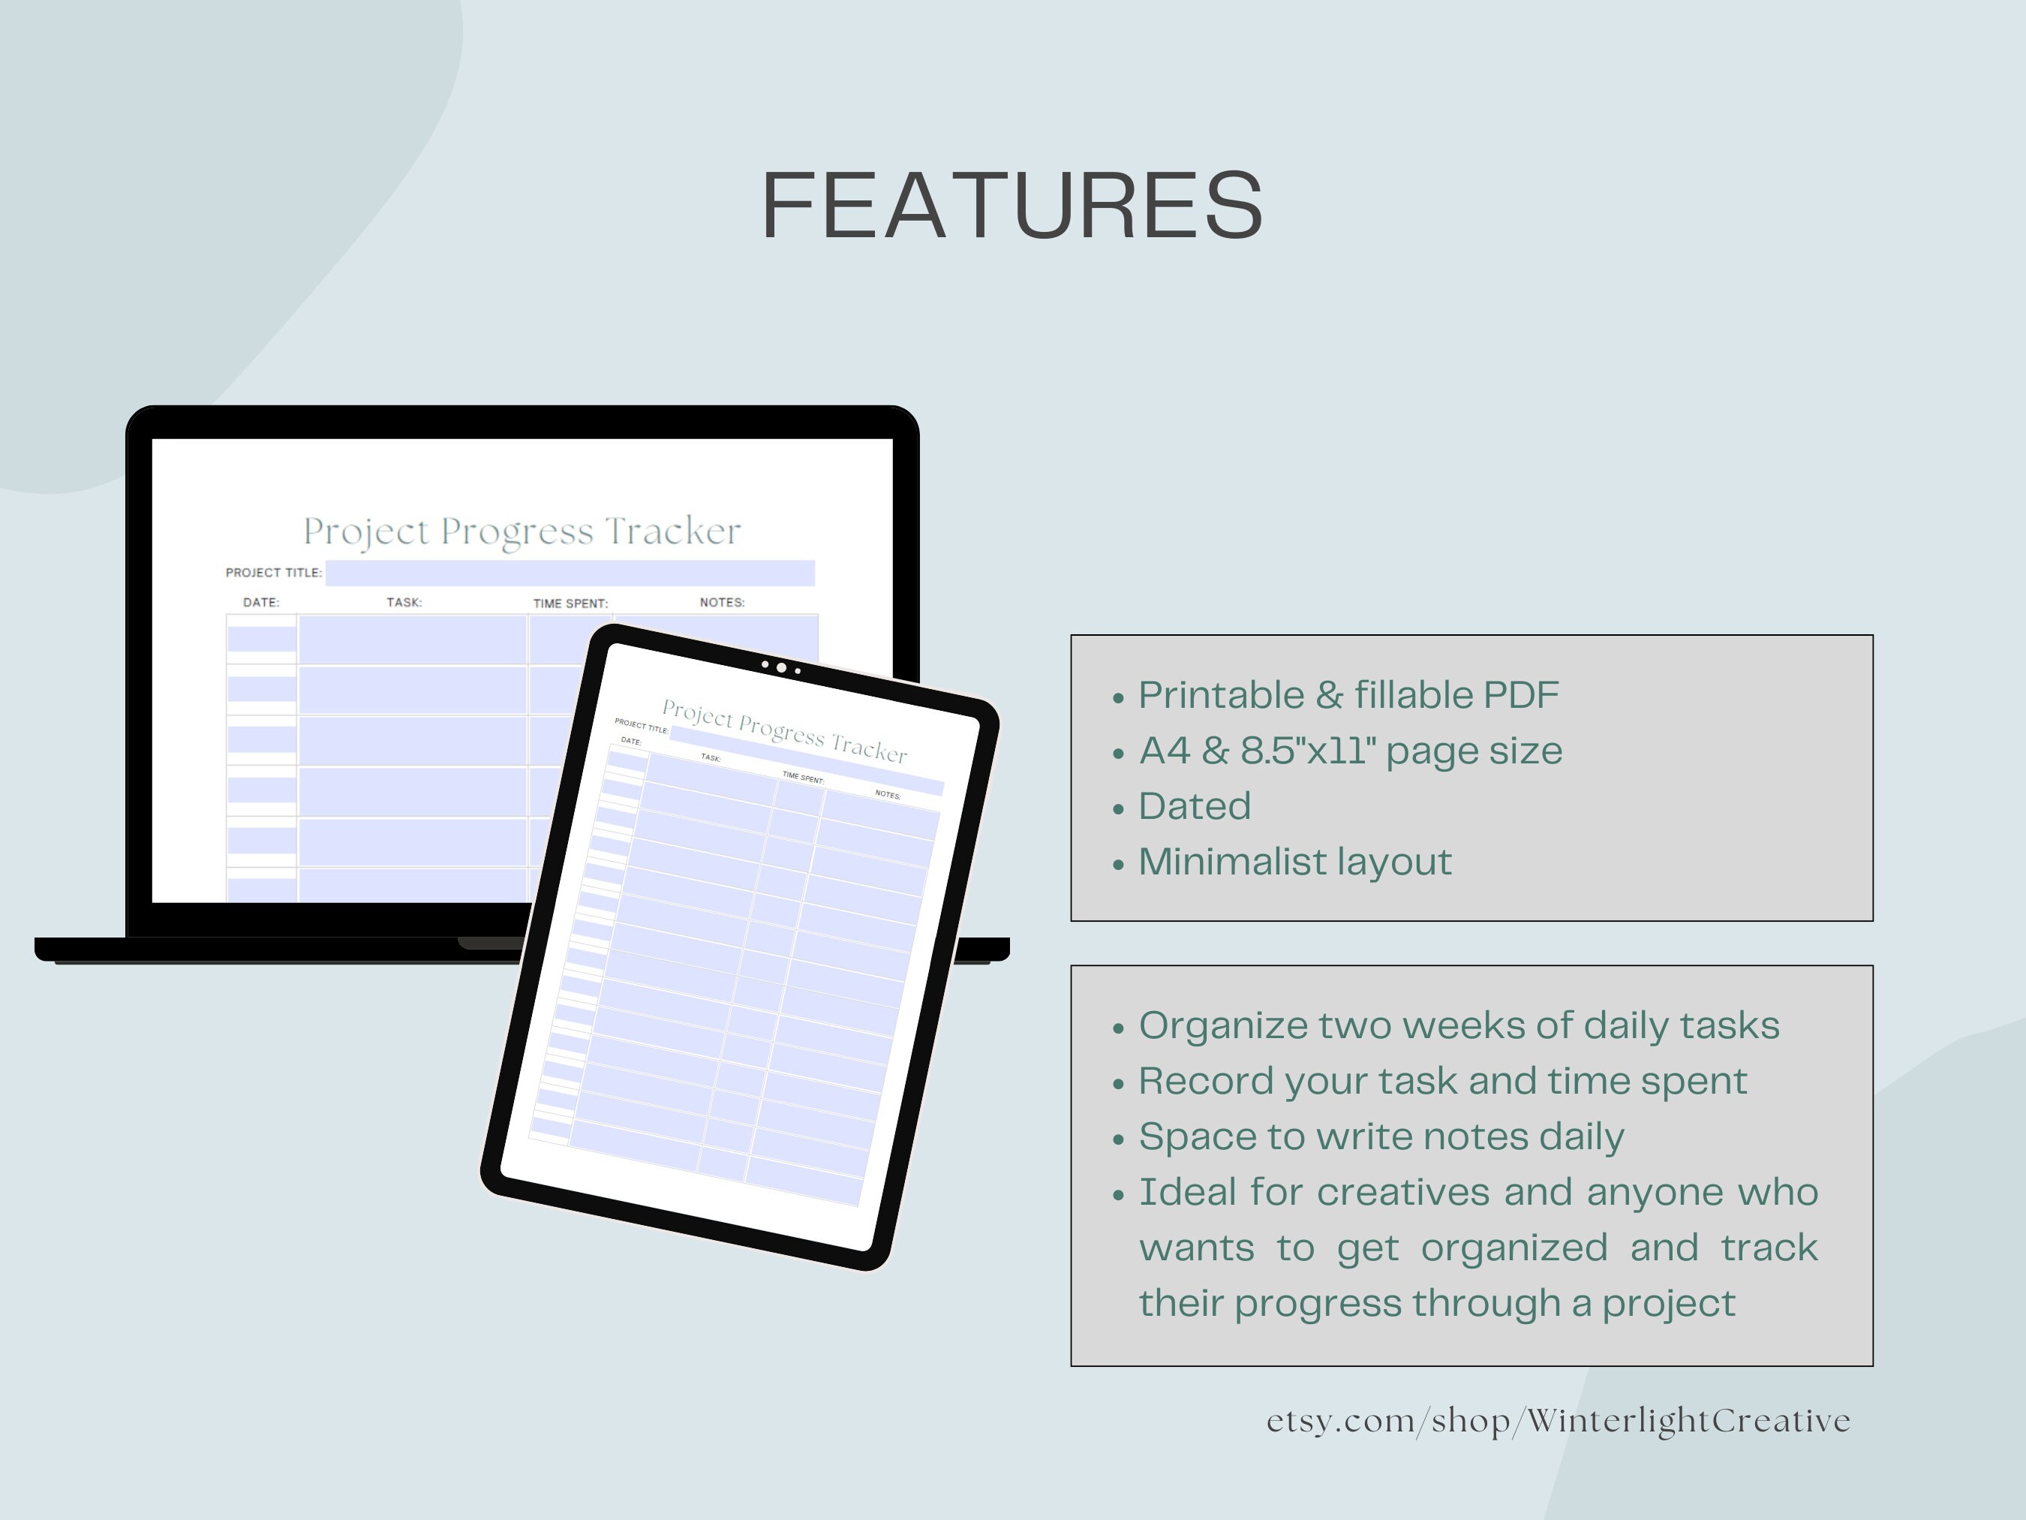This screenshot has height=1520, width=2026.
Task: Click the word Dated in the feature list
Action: click(1195, 806)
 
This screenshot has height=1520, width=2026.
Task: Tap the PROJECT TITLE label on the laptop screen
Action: click(274, 573)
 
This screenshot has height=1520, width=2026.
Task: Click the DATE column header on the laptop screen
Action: click(261, 603)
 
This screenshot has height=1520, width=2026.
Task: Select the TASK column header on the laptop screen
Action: click(404, 603)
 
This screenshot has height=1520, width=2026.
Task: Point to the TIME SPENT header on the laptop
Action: click(570, 603)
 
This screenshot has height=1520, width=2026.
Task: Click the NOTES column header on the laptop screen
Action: click(722, 603)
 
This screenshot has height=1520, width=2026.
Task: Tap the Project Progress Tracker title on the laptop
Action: click(522, 531)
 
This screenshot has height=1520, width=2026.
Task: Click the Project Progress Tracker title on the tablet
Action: click(784, 731)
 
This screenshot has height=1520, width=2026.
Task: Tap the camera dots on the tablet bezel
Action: click(781, 668)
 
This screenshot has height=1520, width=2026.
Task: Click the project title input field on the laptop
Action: click(570, 573)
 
